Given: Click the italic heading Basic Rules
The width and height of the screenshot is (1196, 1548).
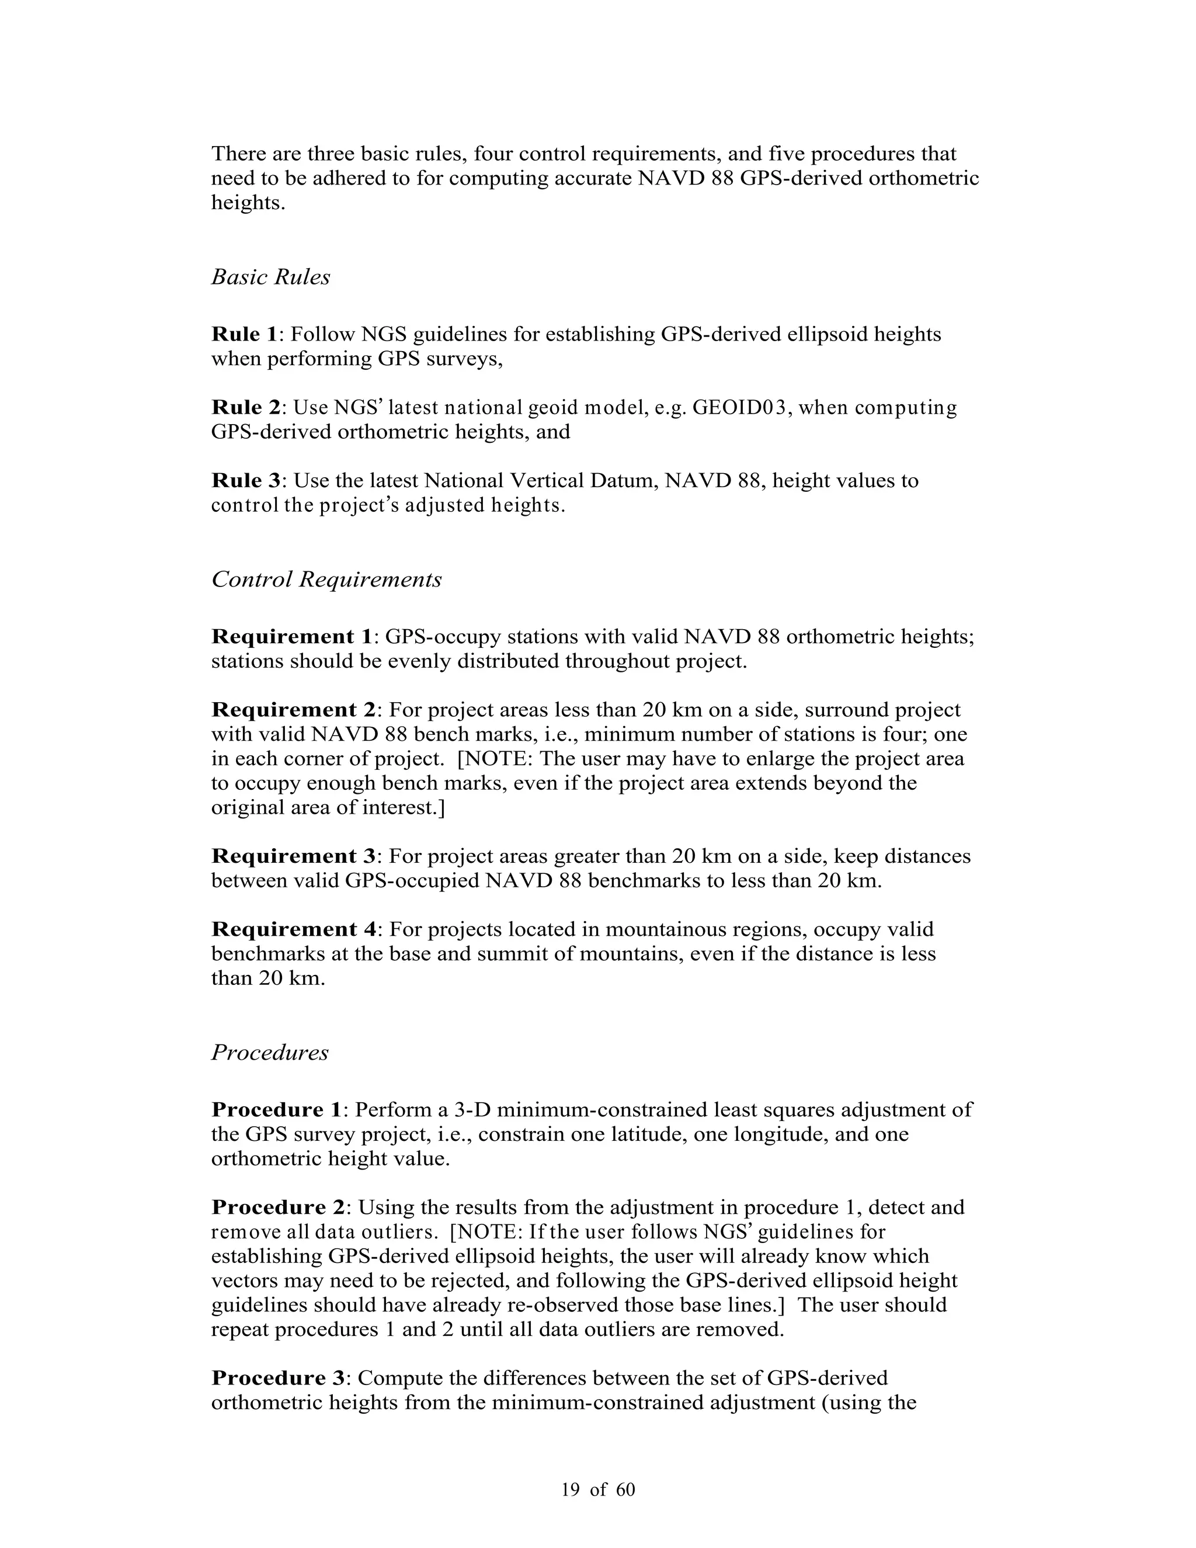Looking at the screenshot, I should point(270,277).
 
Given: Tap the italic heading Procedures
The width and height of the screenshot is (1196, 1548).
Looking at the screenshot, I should point(270,1053).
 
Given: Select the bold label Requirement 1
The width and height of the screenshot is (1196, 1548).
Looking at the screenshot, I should point(291,637).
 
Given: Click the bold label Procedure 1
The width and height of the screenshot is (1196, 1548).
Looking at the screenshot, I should point(276,1109).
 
